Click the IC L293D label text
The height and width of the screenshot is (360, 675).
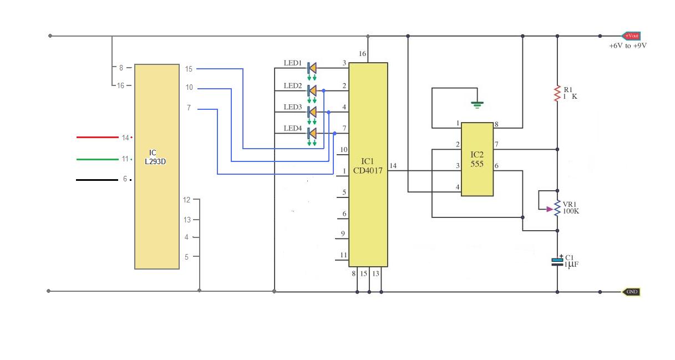pyautogui.click(x=158, y=157)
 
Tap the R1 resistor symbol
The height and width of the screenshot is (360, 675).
pyautogui.click(x=557, y=93)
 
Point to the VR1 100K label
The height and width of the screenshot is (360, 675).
pyautogui.click(x=571, y=207)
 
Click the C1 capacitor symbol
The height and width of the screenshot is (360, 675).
pyautogui.click(x=557, y=261)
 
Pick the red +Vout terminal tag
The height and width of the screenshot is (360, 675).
pyautogui.click(x=631, y=36)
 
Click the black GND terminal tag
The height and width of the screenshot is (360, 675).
pyautogui.click(x=631, y=291)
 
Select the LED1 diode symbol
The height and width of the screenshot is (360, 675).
pyautogui.click(x=312, y=68)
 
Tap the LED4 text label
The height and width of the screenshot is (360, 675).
pyautogui.click(x=293, y=129)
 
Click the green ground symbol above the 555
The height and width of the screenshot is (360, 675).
pyautogui.click(x=476, y=103)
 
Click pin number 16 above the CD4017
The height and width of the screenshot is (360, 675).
pyautogui.click(x=363, y=54)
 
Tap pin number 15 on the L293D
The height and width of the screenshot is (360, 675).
pyautogui.click(x=189, y=69)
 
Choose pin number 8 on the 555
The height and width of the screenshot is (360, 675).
pyautogui.click(x=496, y=124)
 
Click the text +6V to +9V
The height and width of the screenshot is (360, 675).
pyautogui.click(x=627, y=46)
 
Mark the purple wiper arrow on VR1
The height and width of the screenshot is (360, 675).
pyautogui.click(x=550, y=209)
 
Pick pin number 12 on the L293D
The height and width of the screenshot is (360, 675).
pyautogui.click(x=187, y=200)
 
